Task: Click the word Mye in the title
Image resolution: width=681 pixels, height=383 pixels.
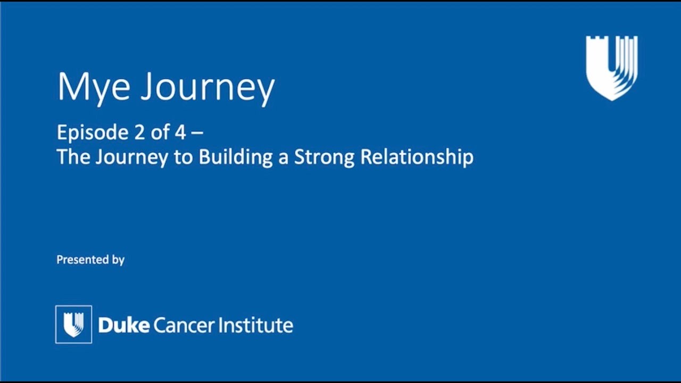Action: tap(94, 88)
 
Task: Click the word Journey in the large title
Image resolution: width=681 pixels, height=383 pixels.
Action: tap(208, 88)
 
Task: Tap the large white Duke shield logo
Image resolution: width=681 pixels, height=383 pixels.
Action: tap(612, 68)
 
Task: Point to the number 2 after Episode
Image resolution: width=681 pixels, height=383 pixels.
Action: tap(139, 132)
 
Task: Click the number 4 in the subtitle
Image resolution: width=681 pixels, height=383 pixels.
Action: tap(180, 132)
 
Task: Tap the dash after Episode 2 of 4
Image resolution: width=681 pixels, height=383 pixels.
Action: tap(197, 134)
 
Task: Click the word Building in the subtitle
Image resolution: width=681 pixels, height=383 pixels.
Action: tap(236, 157)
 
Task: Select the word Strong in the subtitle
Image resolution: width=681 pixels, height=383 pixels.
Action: tap(325, 157)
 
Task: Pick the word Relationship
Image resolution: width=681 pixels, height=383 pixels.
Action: tap(417, 157)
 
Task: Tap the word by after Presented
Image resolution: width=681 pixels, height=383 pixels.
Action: tap(118, 260)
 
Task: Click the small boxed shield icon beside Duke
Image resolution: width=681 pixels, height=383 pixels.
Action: tap(73, 324)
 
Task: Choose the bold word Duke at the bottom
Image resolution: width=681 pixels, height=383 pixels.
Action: tap(124, 325)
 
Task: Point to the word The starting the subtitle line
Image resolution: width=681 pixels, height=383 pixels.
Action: tap(73, 156)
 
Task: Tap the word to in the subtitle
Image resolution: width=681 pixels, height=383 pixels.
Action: tap(184, 157)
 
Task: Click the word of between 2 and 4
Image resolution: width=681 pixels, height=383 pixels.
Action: tap(160, 132)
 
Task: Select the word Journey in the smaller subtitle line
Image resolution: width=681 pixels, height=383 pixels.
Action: tap(131, 157)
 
